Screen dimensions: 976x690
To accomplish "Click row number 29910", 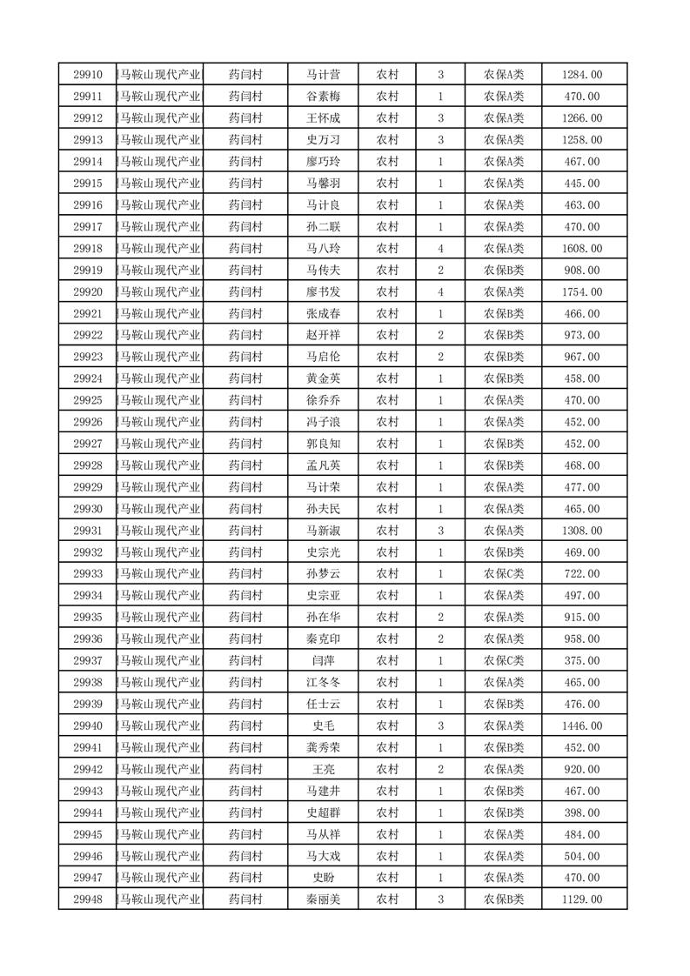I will [88, 75].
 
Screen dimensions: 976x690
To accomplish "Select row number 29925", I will [88, 401].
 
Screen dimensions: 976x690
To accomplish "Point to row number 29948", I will [88, 899].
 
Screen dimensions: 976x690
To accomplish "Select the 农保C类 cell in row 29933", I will [503, 574].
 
